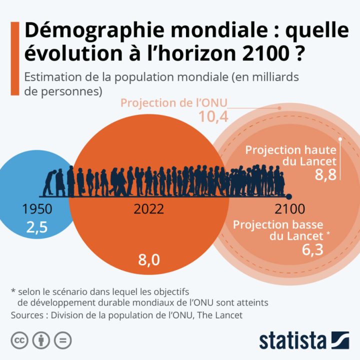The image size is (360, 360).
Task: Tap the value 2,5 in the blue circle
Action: (37, 227)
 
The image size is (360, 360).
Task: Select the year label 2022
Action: (148, 209)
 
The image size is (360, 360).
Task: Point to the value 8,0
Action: (148, 260)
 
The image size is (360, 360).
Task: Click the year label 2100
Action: (289, 209)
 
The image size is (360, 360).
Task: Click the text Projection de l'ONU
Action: (174, 103)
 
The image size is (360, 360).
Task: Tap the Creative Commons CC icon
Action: (20, 340)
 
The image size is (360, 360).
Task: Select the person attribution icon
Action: (41, 340)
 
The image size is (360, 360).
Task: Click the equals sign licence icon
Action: (62, 340)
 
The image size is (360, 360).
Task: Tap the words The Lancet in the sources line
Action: (229, 315)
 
